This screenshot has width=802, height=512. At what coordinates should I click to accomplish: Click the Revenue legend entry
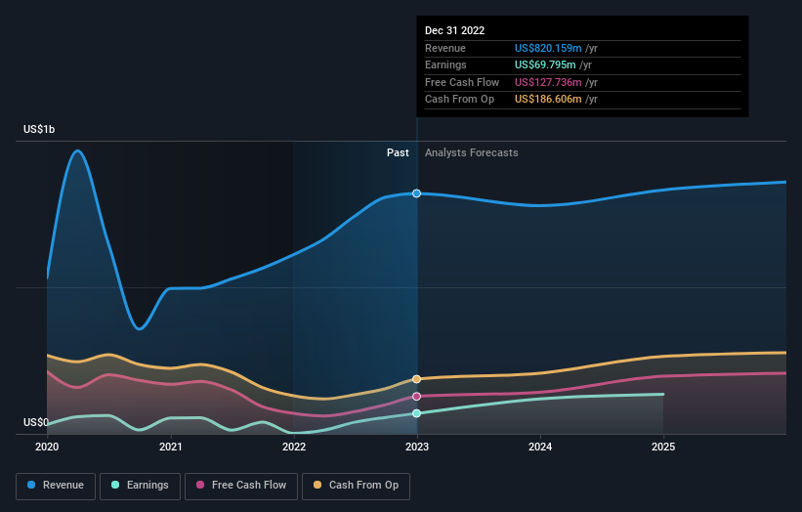[56, 485]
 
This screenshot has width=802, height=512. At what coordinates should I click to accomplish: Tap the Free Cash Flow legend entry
[240, 485]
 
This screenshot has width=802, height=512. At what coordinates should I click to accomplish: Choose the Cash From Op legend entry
[356, 485]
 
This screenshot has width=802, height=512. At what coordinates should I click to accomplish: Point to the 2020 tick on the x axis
[47, 447]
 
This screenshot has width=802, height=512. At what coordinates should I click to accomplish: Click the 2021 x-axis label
[170, 447]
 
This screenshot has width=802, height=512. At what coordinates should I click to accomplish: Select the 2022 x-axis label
[294, 447]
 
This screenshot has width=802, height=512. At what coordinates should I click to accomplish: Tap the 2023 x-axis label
[417, 447]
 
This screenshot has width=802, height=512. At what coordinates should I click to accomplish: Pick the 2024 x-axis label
[540, 447]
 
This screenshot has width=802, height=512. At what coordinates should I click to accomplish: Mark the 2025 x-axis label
[663, 447]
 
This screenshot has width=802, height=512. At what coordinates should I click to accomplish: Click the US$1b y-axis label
[40, 130]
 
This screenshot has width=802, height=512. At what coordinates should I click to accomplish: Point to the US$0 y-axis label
[36, 423]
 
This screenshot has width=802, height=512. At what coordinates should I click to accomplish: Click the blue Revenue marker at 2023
[417, 193]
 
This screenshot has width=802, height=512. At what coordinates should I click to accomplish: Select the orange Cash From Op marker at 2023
[417, 379]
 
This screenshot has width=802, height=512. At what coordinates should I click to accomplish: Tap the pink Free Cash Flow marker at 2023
[417, 397]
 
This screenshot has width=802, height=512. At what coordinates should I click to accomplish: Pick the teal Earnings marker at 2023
[417, 413]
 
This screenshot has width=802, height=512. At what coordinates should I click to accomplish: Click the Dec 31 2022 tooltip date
[454, 30]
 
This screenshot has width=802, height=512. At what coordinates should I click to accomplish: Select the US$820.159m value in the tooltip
[548, 48]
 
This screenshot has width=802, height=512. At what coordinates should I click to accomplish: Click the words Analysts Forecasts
[471, 152]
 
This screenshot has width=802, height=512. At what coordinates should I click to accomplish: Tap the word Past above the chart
[398, 152]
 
